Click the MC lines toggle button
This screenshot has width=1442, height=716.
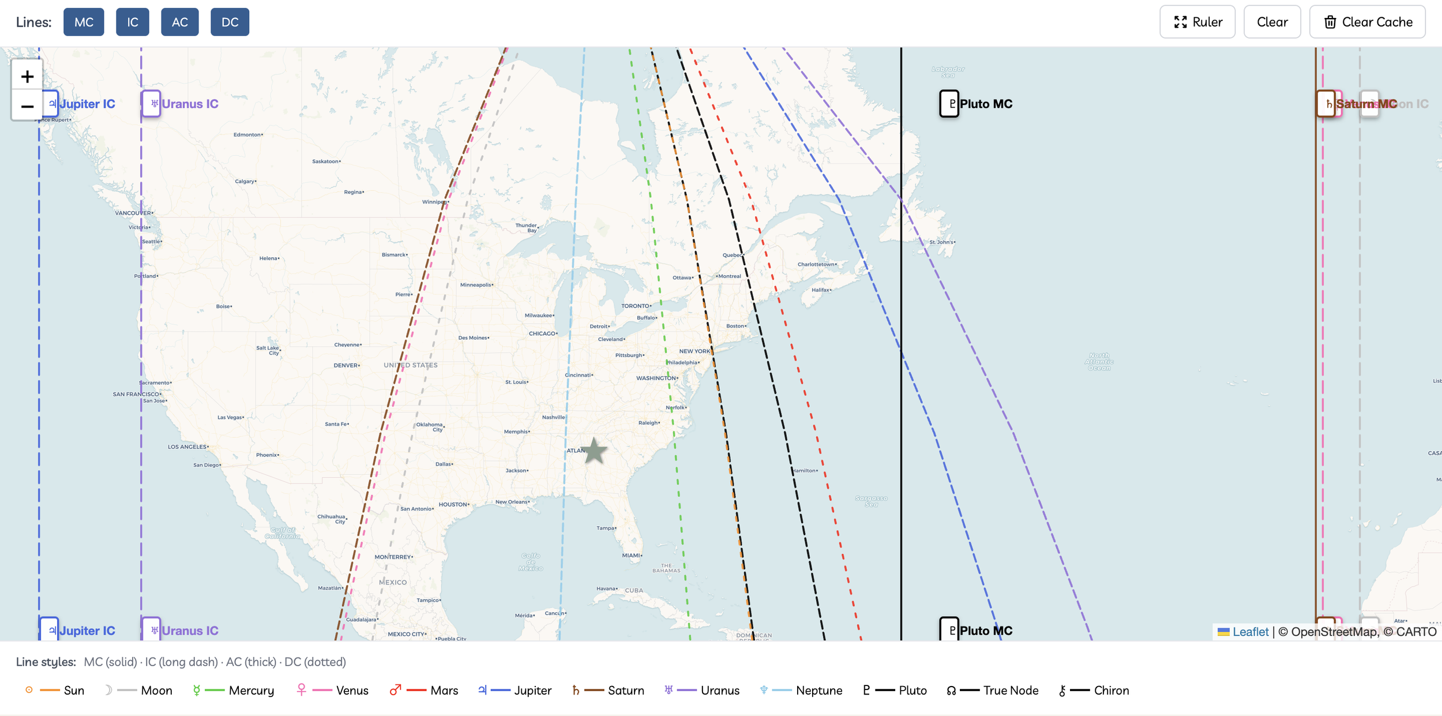coord(84,22)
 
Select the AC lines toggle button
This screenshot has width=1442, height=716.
coord(179,22)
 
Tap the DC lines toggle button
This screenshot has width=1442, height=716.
coord(230,22)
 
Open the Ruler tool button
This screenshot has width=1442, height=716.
coord(1197,22)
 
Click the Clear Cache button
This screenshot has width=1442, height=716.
coord(1367,22)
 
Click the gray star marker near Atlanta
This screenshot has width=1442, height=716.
coord(594,451)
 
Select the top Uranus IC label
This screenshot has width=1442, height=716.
coord(181,104)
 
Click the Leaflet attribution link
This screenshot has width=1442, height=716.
coord(1250,632)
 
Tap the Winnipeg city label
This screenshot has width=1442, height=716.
coord(434,202)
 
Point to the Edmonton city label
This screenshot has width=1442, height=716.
coord(247,135)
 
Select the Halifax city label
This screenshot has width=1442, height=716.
coord(821,290)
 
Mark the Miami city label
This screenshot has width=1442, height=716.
coord(631,556)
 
